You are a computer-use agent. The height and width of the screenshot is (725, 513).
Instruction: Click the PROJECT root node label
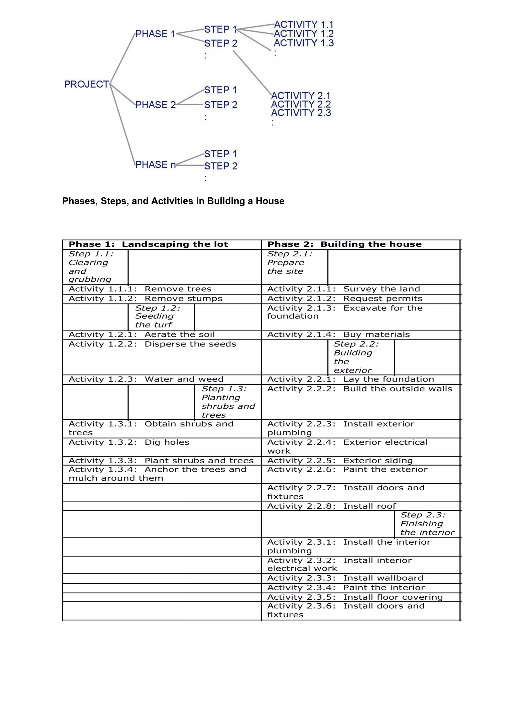pos(86,84)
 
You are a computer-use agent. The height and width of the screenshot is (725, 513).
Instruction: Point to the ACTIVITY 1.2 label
pos(303,34)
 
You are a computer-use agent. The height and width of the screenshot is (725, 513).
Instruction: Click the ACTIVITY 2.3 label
pos(301,113)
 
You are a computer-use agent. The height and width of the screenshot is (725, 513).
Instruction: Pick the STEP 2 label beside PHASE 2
pos(221,105)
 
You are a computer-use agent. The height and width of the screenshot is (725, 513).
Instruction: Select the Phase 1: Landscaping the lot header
pos(148,244)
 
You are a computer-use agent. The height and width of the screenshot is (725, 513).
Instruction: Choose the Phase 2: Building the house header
pos(344,244)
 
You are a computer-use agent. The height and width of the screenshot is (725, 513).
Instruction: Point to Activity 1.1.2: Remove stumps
pos(145,299)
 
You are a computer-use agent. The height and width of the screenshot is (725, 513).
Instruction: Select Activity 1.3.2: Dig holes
pos(129,442)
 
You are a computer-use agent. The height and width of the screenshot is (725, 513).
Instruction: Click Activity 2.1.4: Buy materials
pos(338,335)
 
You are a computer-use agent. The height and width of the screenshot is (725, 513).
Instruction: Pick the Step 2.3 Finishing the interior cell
pos(427,524)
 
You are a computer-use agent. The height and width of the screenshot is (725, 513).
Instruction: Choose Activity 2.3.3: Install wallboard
pos(345,578)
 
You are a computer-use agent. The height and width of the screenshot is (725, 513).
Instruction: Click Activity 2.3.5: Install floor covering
pos(355,597)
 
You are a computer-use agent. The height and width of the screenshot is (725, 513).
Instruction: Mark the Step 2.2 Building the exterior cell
pos(361,357)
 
